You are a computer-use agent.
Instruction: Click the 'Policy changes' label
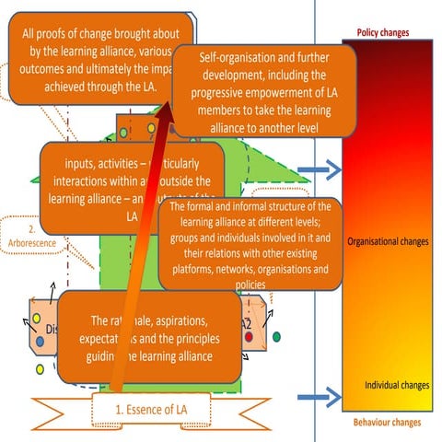(x=382, y=33)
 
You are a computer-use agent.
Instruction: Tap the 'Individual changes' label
(x=396, y=384)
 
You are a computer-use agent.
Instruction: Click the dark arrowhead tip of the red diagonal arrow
(x=169, y=109)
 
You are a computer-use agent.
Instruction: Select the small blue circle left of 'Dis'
(x=40, y=342)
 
